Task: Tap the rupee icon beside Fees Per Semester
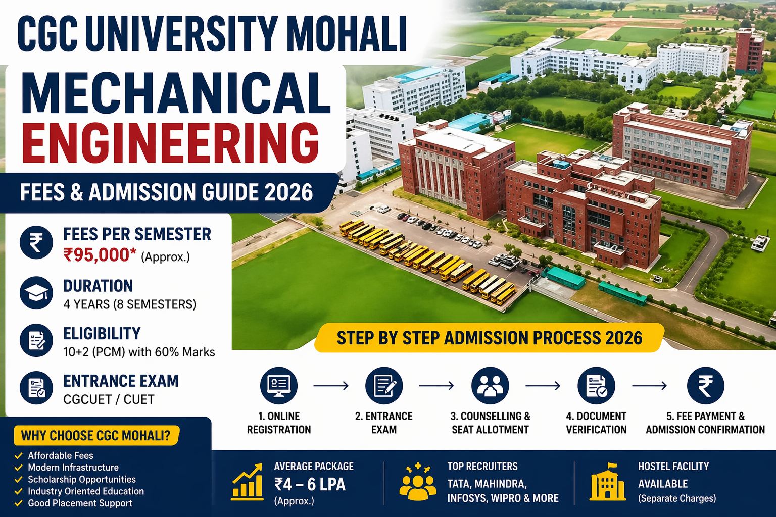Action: coord(36,242)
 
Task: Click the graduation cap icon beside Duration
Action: coord(36,293)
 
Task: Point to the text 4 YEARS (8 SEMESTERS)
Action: coord(129,304)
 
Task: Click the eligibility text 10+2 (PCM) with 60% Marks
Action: coord(139,352)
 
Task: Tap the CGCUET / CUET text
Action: coord(109,399)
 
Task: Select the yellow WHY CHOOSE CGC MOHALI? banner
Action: coord(96,435)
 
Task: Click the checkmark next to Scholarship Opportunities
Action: coord(19,479)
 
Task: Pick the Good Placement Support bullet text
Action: coord(80,503)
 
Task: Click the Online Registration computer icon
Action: coord(279,386)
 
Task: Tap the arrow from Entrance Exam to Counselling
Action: coord(437,386)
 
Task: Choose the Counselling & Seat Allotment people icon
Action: coord(490,386)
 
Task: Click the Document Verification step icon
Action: coord(596,386)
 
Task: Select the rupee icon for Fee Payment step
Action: coord(705,386)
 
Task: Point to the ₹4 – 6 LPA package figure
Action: coord(310,484)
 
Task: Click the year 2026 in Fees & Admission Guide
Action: coord(288,193)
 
